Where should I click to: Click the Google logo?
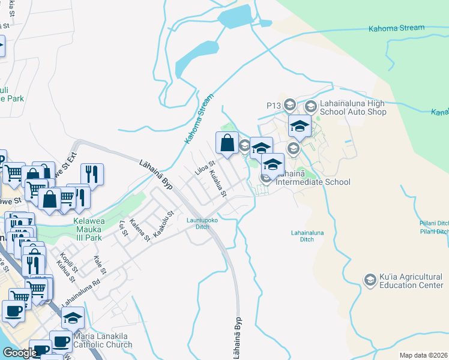(19, 353)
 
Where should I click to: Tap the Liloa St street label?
(205, 168)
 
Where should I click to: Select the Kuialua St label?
(218, 184)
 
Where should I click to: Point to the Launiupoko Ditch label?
(197, 223)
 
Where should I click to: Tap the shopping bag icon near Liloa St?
(227, 143)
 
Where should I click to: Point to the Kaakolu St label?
(163, 223)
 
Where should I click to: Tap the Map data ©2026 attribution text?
(423, 355)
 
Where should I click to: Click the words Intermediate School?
(312, 182)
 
